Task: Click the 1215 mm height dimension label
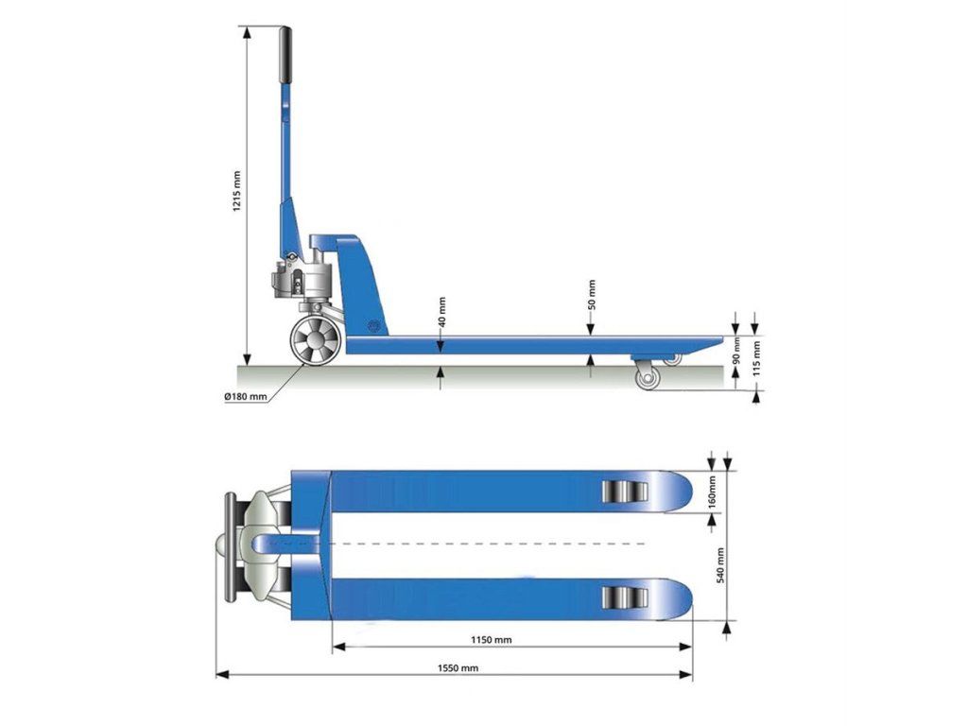(x=237, y=191)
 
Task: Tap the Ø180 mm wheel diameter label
(x=246, y=396)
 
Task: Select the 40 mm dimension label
(x=441, y=312)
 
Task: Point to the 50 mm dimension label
(x=592, y=295)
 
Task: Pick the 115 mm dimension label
(x=756, y=358)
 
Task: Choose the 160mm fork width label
(x=712, y=492)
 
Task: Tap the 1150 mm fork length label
(x=492, y=640)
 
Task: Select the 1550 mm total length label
(x=458, y=667)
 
